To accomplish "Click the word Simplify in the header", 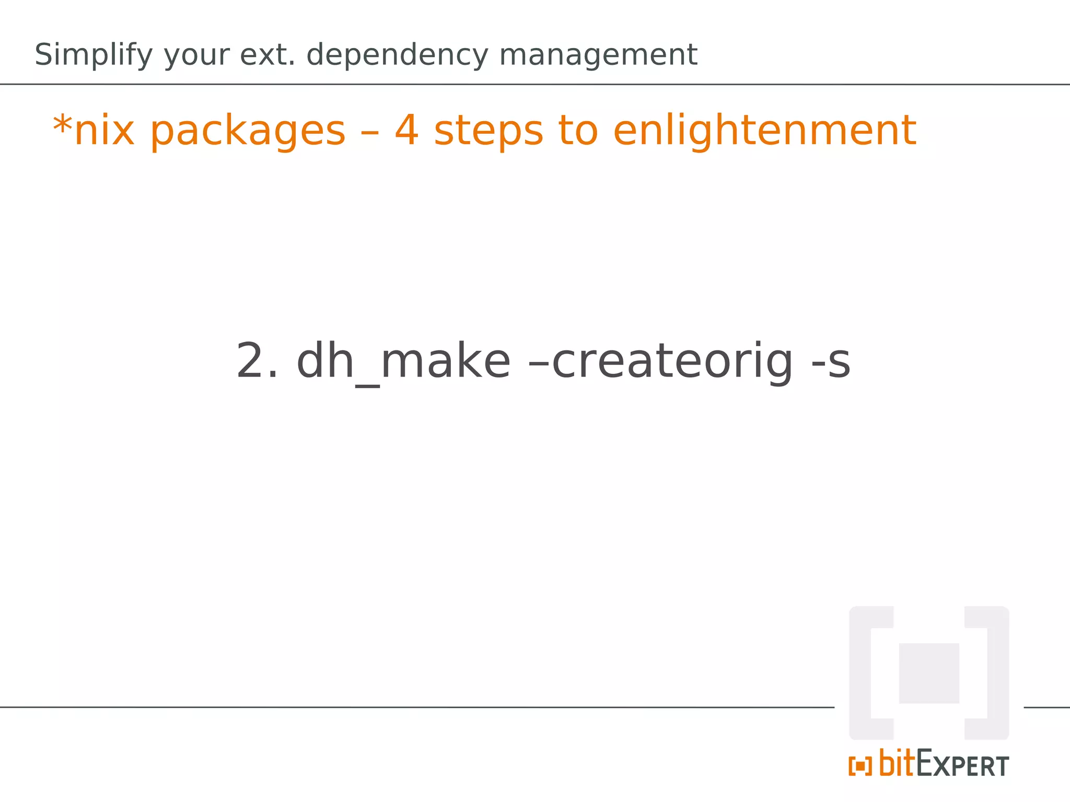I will pos(94,55).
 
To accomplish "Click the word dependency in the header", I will pos(398,55).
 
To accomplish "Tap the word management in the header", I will pos(598,55).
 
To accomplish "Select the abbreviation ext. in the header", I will pos(267,55).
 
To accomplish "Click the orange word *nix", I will pos(94,131).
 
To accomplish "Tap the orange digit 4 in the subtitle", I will pos(406,131).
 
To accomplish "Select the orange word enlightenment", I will pos(764,131).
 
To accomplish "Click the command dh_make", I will pos(403,361).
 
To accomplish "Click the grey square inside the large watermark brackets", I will pos(928,673).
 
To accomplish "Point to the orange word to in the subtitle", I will pos(577,131).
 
